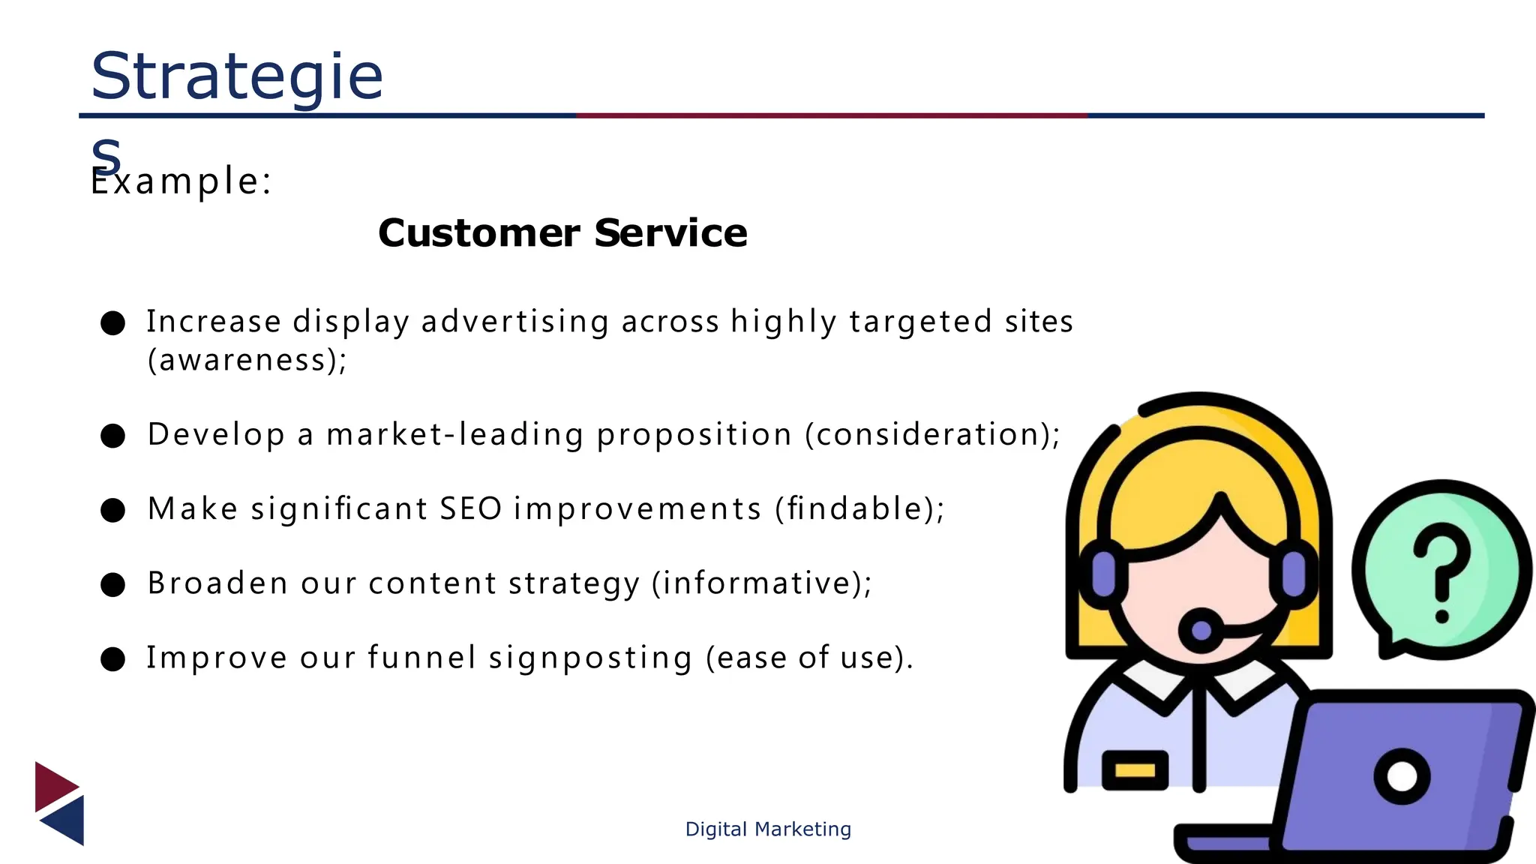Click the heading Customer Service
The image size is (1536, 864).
[x=562, y=233]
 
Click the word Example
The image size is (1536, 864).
[x=180, y=182]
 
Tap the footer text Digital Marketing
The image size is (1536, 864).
[x=768, y=829]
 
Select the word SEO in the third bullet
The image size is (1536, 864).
[x=470, y=509]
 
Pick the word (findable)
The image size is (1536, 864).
[x=859, y=509]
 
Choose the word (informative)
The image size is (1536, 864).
[x=761, y=583]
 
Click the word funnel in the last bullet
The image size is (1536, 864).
[x=421, y=658]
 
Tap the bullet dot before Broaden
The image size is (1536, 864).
[x=112, y=584]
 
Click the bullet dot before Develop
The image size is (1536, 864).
[x=112, y=436]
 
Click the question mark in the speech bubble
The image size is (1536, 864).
[x=1441, y=570]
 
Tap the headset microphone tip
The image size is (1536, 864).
[x=1201, y=630]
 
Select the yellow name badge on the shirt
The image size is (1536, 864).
[x=1135, y=770]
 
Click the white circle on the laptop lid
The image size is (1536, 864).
[x=1402, y=777]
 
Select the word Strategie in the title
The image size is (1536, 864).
[x=236, y=76]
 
